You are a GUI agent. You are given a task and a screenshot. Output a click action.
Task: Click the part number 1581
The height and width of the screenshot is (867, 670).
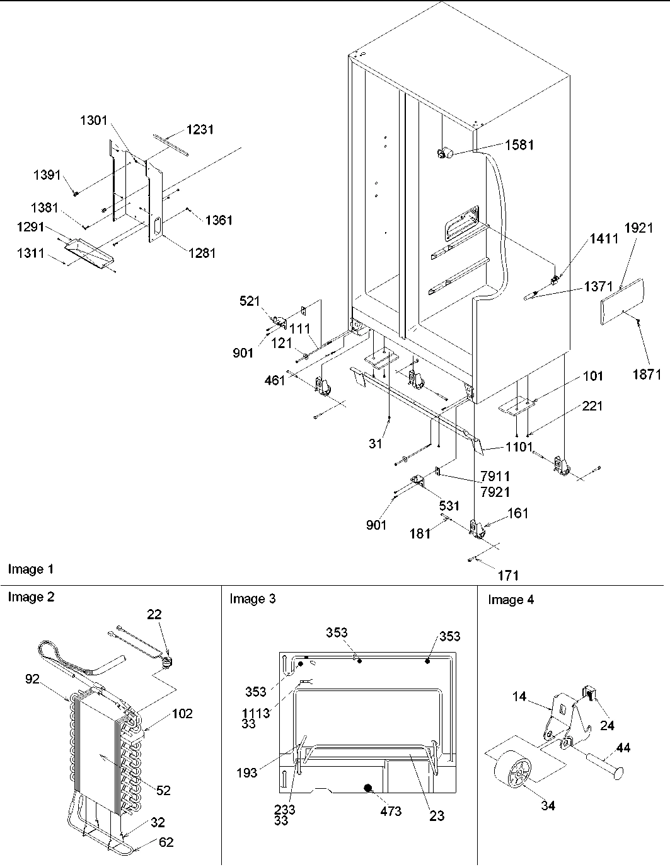(x=519, y=145)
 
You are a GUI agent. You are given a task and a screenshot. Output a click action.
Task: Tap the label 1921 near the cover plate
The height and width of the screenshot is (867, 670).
(x=639, y=228)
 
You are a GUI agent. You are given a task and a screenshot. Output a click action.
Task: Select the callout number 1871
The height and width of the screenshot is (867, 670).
(x=647, y=375)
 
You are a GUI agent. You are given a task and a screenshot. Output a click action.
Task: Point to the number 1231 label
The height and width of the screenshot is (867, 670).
(x=199, y=129)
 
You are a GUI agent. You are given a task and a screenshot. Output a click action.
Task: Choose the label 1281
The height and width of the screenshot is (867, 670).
(x=201, y=253)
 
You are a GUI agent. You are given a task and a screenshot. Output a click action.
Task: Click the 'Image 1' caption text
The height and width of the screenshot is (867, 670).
(x=30, y=569)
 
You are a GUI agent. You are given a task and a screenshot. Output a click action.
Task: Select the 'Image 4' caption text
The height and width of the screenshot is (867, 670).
(x=511, y=600)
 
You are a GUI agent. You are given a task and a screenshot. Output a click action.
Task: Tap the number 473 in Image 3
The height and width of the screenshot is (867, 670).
(x=390, y=811)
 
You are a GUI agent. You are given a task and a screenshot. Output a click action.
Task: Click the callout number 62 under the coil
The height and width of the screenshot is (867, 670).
(x=166, y=842)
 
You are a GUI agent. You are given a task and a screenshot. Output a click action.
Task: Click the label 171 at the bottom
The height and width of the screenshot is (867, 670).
(x=508, y=574)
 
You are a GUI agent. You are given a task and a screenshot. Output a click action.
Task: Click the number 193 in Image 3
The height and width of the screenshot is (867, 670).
(x=246, y=772)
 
